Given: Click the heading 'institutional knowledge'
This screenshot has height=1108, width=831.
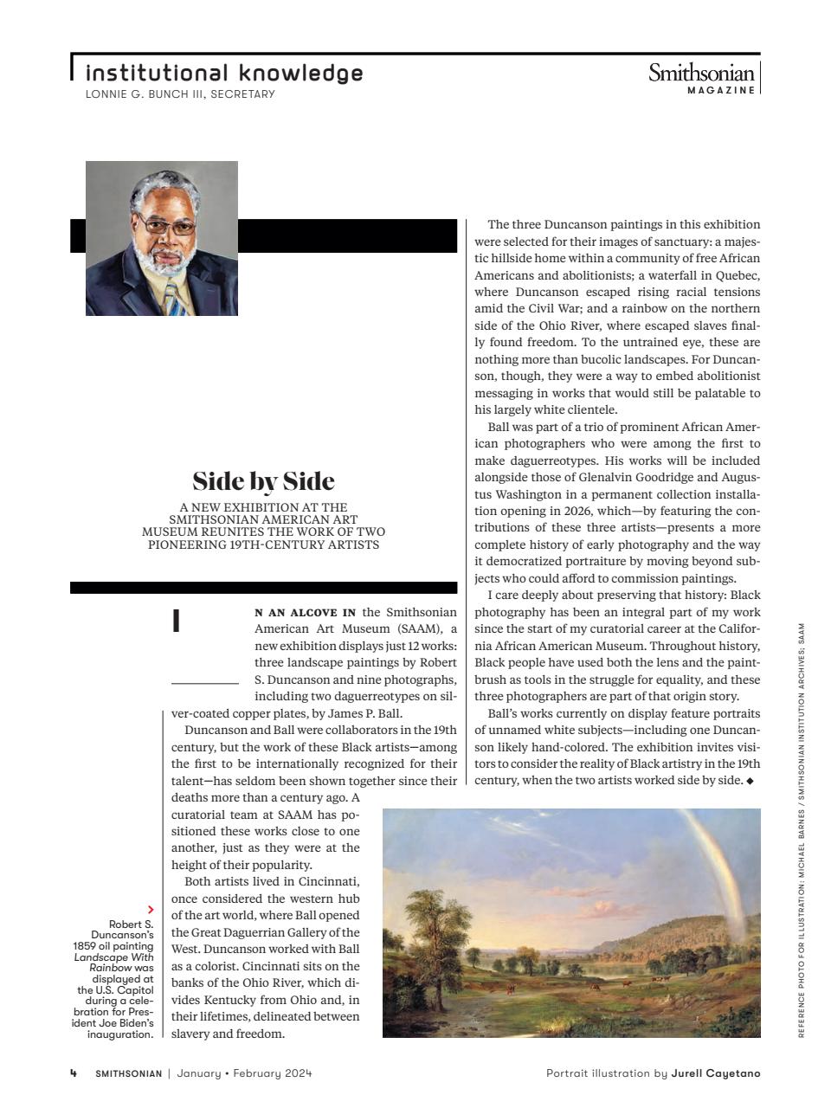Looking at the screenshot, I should [x=224, y=73].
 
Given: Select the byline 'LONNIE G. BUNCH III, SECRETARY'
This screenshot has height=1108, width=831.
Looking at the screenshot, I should [x=180, y=94].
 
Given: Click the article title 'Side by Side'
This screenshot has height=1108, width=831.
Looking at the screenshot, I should [x=263, y=481].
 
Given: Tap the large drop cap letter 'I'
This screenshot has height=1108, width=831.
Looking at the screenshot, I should [x=177, y=621].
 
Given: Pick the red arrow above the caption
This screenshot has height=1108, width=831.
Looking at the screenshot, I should [x=151, y=909].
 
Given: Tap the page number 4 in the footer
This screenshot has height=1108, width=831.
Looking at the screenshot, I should [x=74, y=1073].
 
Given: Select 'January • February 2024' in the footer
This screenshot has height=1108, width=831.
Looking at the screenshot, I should [x=244, y=1073].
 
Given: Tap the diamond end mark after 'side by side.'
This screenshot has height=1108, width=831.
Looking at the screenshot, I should [x=750, y=781].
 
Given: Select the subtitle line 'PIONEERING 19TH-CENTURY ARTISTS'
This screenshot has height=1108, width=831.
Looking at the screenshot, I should [x=263, y=544].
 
